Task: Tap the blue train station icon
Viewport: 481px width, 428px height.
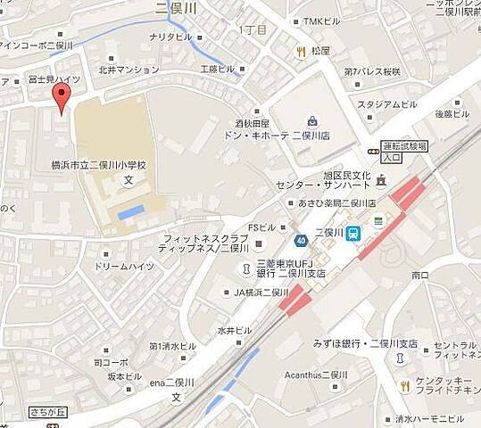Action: click(354, 233)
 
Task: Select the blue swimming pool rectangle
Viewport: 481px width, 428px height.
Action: click(130, 211)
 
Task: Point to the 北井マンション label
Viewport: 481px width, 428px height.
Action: click(129, 69)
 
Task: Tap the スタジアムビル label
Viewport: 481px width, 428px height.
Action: click(387, 104)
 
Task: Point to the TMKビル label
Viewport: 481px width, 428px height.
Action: click(321, 21)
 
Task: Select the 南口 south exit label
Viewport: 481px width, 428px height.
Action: click(420, 276)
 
